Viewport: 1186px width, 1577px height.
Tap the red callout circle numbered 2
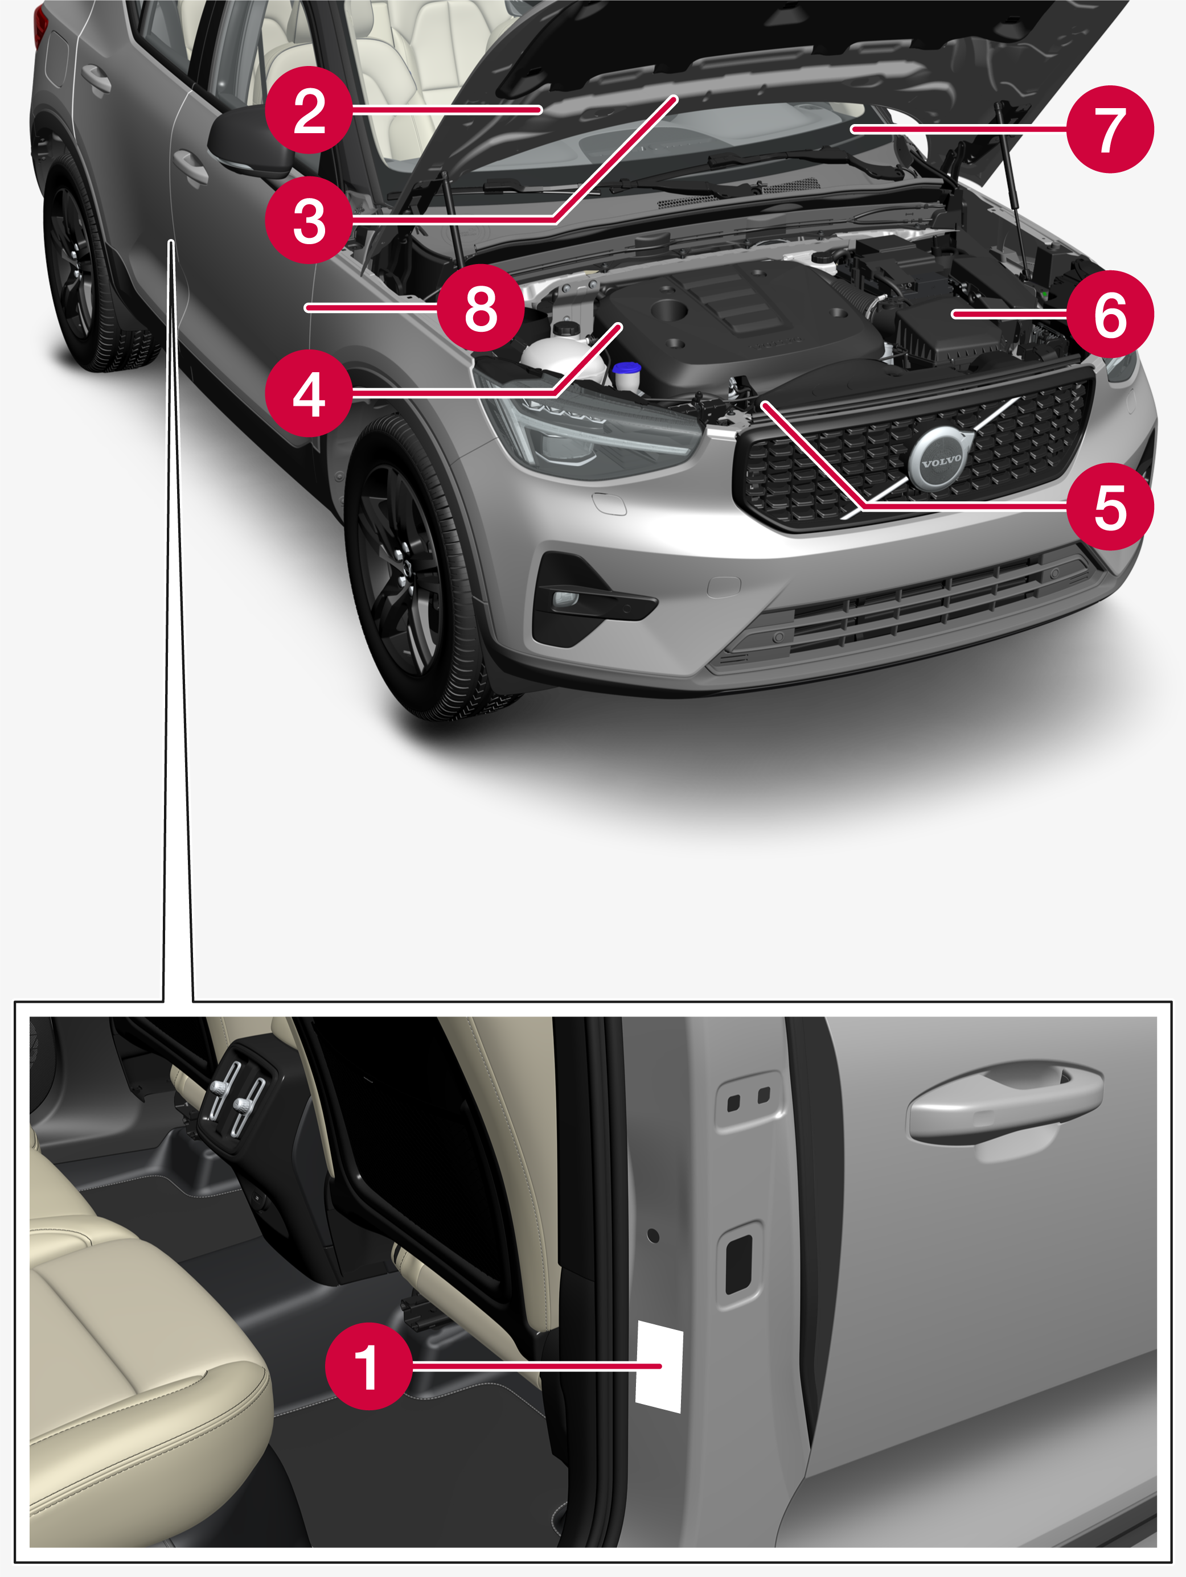pos(308,110)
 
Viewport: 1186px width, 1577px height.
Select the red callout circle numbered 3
pos(308,220)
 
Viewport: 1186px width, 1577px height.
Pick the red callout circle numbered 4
pos(308,393)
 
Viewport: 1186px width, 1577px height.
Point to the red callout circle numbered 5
pos(1109,507)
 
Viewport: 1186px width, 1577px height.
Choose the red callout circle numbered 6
pos(1109,314)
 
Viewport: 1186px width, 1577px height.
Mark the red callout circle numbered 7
pos(1109,129)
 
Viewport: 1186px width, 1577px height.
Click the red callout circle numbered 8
pos(480,308)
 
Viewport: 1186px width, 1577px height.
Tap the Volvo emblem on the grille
pos(941,460)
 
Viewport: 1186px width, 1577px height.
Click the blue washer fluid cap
pos(626,369)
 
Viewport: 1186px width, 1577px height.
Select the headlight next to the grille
pos(585,435)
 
